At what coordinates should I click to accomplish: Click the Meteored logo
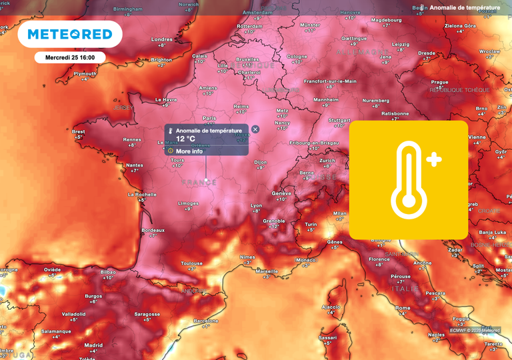[x=70, y=34]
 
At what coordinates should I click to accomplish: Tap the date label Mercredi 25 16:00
[x=70, y=57]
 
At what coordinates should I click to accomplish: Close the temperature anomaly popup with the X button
[x=255, y=129]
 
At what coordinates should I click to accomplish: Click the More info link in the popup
[x=189, y=151]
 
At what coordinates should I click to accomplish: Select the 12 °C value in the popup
[x=185, y=139]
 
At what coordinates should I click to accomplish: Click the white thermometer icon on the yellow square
[x=409, y=180]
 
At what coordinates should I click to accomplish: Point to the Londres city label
[x=162, y=39]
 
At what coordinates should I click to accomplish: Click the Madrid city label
[x=94, y=345]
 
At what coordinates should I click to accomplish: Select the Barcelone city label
[x=205, y=321]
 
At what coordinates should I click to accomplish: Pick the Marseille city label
[x=267, y=271]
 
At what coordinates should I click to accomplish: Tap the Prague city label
[x=439, y=82]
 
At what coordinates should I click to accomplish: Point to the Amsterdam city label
[x=258, y=13]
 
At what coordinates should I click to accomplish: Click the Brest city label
[x=79, y=132]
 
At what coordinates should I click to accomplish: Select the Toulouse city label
[x=191, y=263]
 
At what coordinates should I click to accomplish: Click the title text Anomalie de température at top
[x=465, y=7]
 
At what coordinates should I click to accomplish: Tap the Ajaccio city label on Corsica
[x=331, y=307]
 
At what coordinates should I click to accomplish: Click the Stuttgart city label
[x=340, y=120]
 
